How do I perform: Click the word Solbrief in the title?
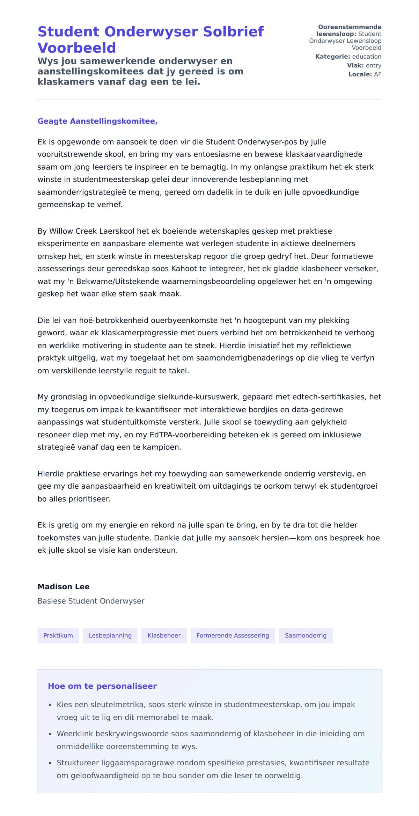(x=233, y=32)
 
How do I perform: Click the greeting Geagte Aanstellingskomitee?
(x=97, y=121)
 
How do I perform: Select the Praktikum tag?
(x=58, y=635)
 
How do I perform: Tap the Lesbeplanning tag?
(x=110, y=635)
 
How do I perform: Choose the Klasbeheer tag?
(x=164, y=635)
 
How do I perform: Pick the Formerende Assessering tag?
(x=233, y=635)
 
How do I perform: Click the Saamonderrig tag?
(x=306, y=635)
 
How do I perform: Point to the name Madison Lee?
(x=64, y=586)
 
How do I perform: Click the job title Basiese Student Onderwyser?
(x=91, y=601)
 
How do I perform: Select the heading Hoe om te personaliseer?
(x=102, y=686)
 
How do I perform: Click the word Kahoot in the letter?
(x=184, y=269)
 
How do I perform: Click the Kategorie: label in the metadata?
(x=332, y=57)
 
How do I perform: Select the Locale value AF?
(x=377, y=74)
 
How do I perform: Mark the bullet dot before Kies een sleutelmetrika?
(x=50, y=705)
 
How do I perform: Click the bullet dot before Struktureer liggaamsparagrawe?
(x=50, y=763)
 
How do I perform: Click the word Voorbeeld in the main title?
(x=76, y=48)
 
